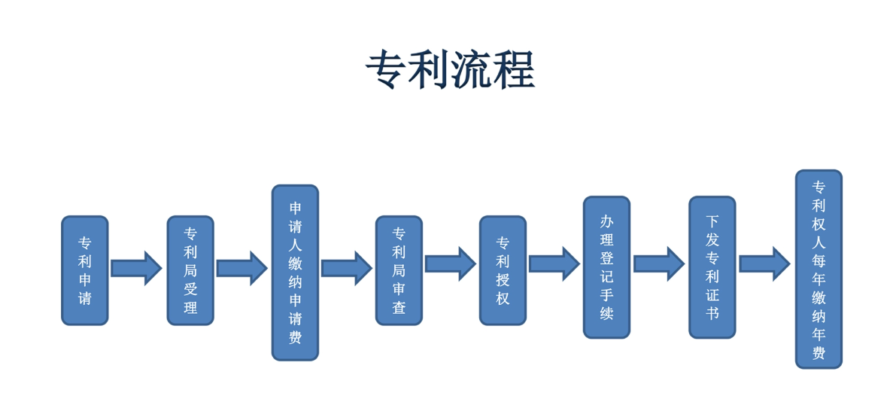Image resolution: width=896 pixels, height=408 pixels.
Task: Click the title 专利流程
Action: pos(449,70)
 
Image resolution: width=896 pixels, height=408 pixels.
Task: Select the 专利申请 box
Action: pos(85,271)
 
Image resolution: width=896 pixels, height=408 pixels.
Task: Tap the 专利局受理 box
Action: pos(190,271)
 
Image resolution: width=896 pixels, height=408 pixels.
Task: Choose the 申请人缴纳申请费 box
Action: pos(295,273)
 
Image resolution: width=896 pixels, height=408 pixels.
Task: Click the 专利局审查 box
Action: pos(399,271)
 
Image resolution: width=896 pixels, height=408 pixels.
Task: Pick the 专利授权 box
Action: pos(503,271)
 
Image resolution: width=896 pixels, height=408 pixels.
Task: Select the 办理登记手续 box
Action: pos(606,267)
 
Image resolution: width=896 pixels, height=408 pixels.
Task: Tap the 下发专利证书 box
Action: pos(712,267)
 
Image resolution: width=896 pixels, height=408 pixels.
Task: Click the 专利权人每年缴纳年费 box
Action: pos(819,269)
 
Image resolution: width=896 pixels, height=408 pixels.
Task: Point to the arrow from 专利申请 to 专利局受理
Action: pos(136,268)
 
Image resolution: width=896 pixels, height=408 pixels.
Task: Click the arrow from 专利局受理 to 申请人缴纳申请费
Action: pos(241,268)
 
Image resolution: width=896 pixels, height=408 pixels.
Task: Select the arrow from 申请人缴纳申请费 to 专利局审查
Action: pos(346,268)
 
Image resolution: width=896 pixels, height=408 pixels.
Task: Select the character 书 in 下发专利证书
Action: pos(712,313)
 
